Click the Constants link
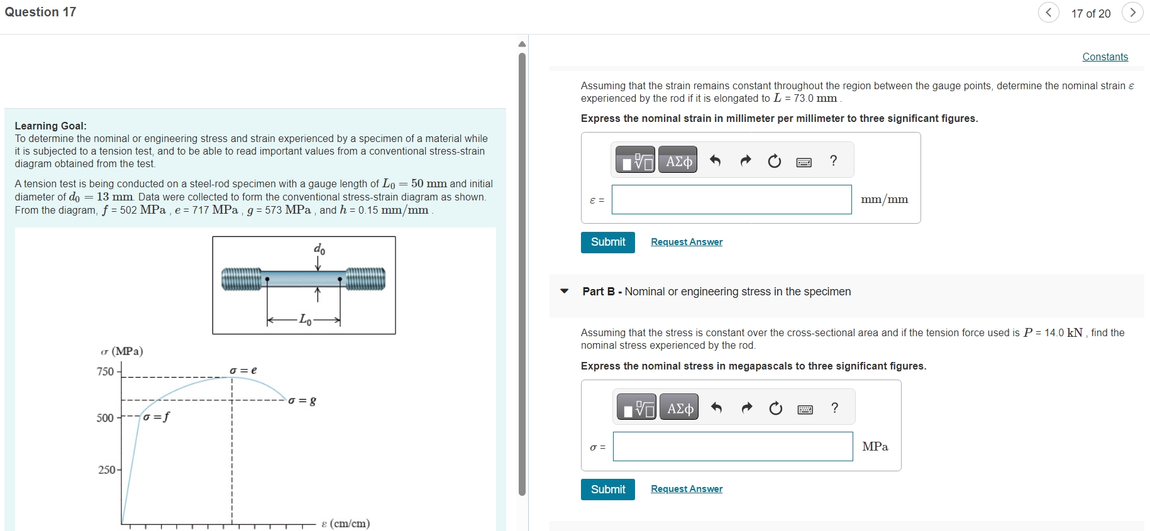[x=1105, y=57]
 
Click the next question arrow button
[x=1132, y=13]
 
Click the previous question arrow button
[x=1048, y=13]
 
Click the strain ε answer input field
[x=731, y=199]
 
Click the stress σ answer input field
[x=733, y=446]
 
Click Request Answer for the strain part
[x=687, y=242]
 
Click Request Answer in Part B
[x=687, y=489]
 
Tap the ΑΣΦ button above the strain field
[x=678, y=161]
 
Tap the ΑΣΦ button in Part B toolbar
[x=680, y=408]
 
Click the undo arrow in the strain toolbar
[x=715, y=161]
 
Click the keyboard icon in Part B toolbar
[x=805, y=410]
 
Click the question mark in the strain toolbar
[x=834, y=161]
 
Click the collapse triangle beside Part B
[x=565, y=291]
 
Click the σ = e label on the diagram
[x=243, y=370]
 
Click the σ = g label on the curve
[x=302, y=400]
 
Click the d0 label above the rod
[x=319, y=249]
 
